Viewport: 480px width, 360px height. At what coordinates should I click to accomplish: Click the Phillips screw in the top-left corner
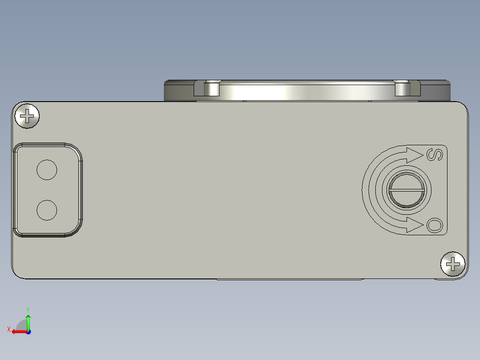click(27, 116)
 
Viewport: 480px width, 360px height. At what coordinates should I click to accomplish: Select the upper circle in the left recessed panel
click(47, 169)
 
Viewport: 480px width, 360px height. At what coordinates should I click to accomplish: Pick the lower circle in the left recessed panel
click(47, 210)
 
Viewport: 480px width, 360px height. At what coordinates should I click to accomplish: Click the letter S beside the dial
click(435, 154)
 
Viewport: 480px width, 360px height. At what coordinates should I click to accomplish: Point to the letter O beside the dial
click(435, 225)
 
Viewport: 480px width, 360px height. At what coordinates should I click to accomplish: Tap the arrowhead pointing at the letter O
click(414, 225)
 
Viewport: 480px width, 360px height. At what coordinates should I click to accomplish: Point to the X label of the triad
click(8, 329)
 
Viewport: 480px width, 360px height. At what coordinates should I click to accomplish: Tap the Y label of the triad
click(28, 309)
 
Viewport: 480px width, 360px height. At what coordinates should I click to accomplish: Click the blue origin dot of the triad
click(28, 332)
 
